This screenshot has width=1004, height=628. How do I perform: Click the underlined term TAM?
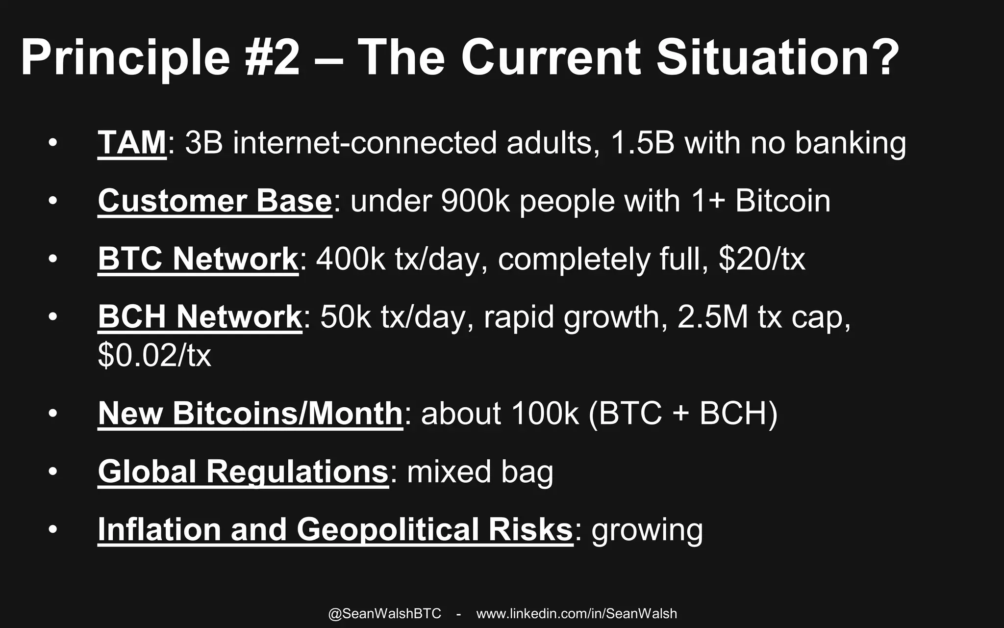(x=132, y=143)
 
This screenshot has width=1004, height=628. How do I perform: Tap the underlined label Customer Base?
(x=215, y=201)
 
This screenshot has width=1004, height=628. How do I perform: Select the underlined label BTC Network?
(x=198, y=259)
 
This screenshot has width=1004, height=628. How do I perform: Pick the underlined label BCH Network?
(x=200, y=317)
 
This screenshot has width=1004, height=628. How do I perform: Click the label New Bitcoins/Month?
(x=250, y=413)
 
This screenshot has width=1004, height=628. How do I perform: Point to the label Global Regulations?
(x=243, y=471)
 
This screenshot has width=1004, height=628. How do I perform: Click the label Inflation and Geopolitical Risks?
(x=335, y=530)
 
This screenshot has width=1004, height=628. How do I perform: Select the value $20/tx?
(x=761, y=259)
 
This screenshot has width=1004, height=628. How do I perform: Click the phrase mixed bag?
(x=480, y=471)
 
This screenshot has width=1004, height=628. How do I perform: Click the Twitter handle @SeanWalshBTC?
(x=384, y=614)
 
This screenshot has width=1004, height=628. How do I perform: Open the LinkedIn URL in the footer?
(x=577, y=614)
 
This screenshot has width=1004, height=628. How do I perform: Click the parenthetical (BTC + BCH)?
(x=682, y=413)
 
